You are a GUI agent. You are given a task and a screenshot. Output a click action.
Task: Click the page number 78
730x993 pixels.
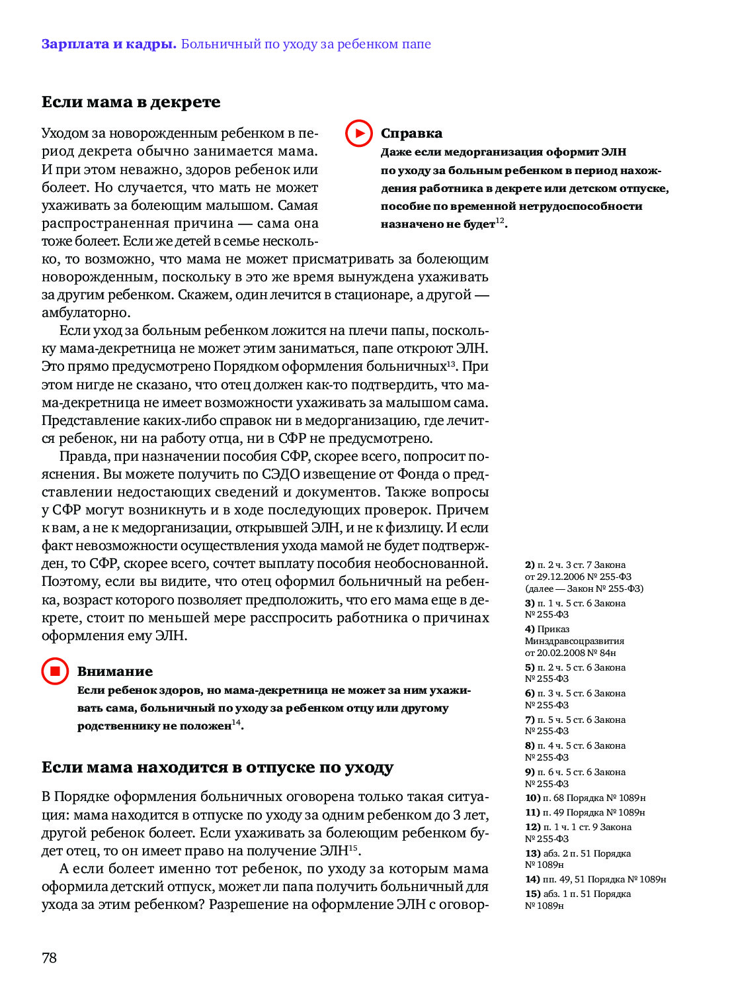tap(49, 957)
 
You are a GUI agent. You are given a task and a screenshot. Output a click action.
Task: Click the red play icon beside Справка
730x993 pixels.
tap(359, 133)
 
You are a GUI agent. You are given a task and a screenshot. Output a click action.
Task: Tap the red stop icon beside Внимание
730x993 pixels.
tap(55, 671)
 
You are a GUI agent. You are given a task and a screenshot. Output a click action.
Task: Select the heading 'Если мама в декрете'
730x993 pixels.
tap(131, 102)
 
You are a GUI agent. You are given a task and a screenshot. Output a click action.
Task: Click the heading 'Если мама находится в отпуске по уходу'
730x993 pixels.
tap(218, 767)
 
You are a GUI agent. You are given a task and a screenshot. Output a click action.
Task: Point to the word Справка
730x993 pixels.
tap(411, 133)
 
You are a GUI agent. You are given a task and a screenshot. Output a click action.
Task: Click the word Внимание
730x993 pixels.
tap(115, 671)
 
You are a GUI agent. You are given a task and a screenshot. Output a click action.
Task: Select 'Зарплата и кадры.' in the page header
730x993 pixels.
tap(108, 44)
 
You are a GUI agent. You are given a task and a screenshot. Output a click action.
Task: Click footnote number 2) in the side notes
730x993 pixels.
tap(530, 565)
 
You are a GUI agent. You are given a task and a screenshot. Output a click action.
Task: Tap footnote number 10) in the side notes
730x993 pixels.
tap(532, 798)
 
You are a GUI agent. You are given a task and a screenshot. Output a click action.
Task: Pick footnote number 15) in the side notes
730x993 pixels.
tap(533, 894)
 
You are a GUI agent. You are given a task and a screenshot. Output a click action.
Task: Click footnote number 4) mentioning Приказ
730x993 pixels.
tap(530, 629)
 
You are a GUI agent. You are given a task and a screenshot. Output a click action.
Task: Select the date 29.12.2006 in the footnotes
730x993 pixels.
tap(561, 577)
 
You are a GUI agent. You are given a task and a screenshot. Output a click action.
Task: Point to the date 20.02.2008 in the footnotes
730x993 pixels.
tap(561, 653)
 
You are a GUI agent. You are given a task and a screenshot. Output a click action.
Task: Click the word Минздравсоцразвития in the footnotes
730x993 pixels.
tap(575, 641)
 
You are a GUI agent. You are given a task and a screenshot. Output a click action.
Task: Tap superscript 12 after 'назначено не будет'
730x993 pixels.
tap(500, 220)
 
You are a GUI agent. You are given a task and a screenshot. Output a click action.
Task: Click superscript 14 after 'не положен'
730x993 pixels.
tap(236, 722)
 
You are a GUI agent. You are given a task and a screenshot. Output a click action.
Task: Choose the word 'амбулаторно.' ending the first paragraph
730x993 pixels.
tap(86, 312)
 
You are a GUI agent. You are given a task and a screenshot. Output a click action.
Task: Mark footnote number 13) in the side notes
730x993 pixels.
tap(533, 853)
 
